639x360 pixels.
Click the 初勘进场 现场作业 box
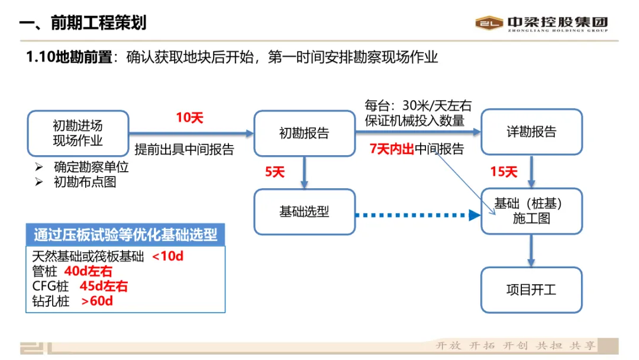pos(78,133)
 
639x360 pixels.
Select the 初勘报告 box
pos(304,133)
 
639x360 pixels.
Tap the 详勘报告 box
pos(531,132)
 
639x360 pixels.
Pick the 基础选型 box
pos(304,211)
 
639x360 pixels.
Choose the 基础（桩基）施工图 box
pos(531,211)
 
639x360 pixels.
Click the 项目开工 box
pos(531,290)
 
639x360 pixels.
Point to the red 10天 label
pos(190,118)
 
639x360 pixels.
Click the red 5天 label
pos(275,172)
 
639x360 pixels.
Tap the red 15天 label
pos(504,172)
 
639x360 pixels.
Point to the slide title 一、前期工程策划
pos(83,23)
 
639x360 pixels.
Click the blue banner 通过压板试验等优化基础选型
pos(125,234)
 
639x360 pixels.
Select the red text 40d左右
pos(88,272)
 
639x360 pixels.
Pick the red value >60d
pos(97,301)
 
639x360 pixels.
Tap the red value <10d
pos(168,257)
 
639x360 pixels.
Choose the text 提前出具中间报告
pos(185,149)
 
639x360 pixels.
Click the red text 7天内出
pos(391,149)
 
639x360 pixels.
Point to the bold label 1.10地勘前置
pos(69,57)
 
